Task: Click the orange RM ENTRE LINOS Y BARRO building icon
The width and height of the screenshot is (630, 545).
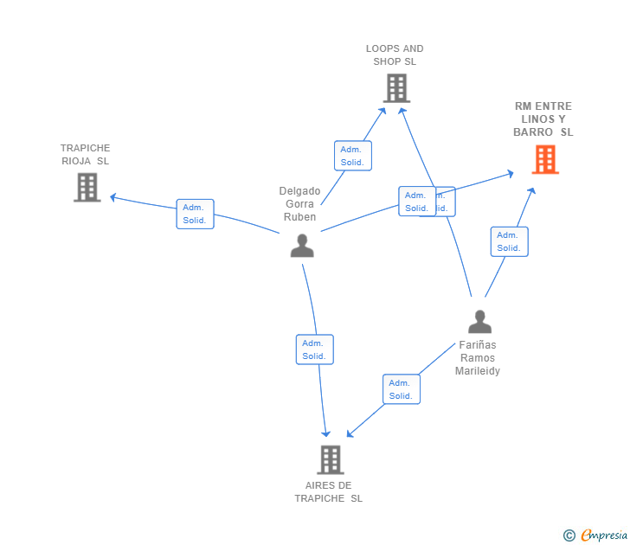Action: point(545,160)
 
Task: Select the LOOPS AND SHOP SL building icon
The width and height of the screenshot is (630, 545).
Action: point(396,88)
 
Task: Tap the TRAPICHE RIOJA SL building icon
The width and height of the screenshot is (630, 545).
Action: point(87,187)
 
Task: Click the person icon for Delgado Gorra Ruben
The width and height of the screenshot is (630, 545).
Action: point(302,247)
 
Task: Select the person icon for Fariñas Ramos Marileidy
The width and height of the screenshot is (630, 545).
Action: point(479,322)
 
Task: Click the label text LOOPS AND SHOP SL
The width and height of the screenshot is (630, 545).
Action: point(395,55)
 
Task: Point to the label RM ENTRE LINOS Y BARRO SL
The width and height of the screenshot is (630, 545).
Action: point(543,119)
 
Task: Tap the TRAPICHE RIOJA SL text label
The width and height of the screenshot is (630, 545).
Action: point(86,154)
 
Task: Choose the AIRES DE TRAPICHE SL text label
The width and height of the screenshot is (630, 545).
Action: point(329,491)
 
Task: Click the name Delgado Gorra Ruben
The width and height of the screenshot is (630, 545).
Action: point(299,204)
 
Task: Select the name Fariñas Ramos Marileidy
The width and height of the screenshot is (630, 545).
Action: point(478,357)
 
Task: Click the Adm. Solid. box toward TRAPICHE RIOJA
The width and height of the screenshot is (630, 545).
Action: point(195,214)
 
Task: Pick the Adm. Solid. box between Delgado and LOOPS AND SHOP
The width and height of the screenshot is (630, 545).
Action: point(352,156)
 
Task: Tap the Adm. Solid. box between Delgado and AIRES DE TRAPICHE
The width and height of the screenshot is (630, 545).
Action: point(314,349)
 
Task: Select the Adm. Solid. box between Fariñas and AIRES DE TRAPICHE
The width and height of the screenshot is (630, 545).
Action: point(401,389)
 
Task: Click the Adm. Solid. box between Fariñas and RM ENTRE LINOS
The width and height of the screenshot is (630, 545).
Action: point(509,241)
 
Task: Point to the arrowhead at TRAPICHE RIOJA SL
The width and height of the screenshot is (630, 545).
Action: point(112,197)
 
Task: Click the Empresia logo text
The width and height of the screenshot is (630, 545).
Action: point(604,535)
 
